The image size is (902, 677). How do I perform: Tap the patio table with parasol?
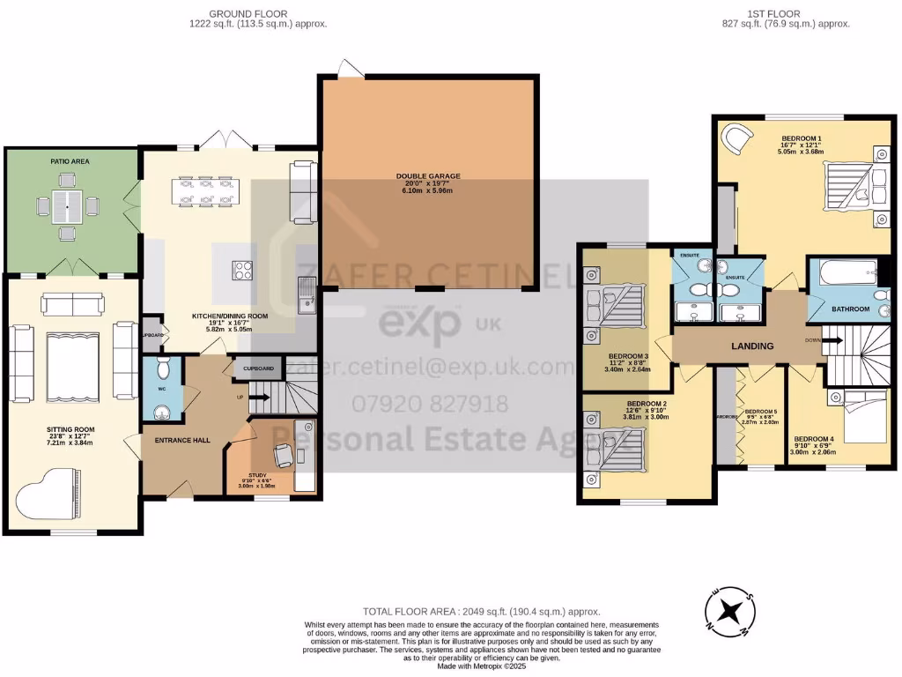pyautogui.click(x=67, y=208)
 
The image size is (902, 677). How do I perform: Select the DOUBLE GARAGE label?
pyautogui.click(x=428, y=176)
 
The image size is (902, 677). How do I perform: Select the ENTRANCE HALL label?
pyautogui.click(x=181, y=439)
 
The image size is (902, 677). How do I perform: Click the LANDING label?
pyautogui.click(x=752, y=346)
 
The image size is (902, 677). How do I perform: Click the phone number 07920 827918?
pyautogui.click(x=430, y=405)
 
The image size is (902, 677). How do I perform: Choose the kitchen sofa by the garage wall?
pyautogui.click(x=302, y=192)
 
